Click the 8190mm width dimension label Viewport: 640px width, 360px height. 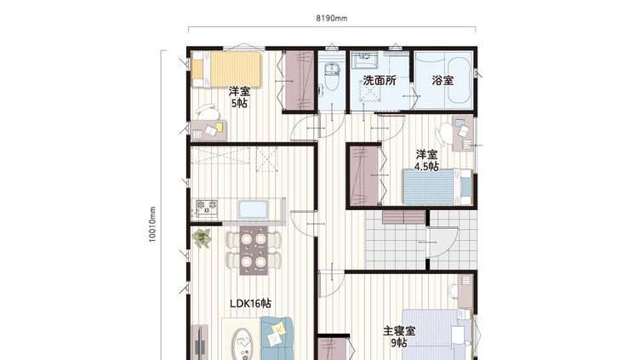(x=332, y=19)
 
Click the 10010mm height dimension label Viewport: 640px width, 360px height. (x=152, y=225)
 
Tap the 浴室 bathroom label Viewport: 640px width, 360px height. (x=443, y=80)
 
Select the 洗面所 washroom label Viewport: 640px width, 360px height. (x=380, y=80)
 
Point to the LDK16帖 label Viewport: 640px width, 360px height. (x=250, y=303)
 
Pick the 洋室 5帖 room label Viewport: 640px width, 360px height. (x=240, y=97)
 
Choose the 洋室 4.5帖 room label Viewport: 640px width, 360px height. (x=427, y=160)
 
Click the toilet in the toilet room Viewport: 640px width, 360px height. (x=331, y=77)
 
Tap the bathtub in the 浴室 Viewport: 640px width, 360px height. (x=460, y=81)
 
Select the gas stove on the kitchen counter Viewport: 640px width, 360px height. (x=207, y=208)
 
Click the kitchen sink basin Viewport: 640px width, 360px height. (x=253, y=209)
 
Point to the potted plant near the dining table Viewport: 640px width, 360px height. (x=202, y=238)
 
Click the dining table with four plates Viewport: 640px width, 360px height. (x=254, y=250)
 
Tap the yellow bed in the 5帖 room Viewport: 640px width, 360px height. (x=226, y=69)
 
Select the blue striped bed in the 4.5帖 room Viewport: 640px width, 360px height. (x=437, y=187)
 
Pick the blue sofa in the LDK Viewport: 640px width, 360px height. (x=277, y=338)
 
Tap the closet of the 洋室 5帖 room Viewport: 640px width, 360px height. (x=300, y=80)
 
